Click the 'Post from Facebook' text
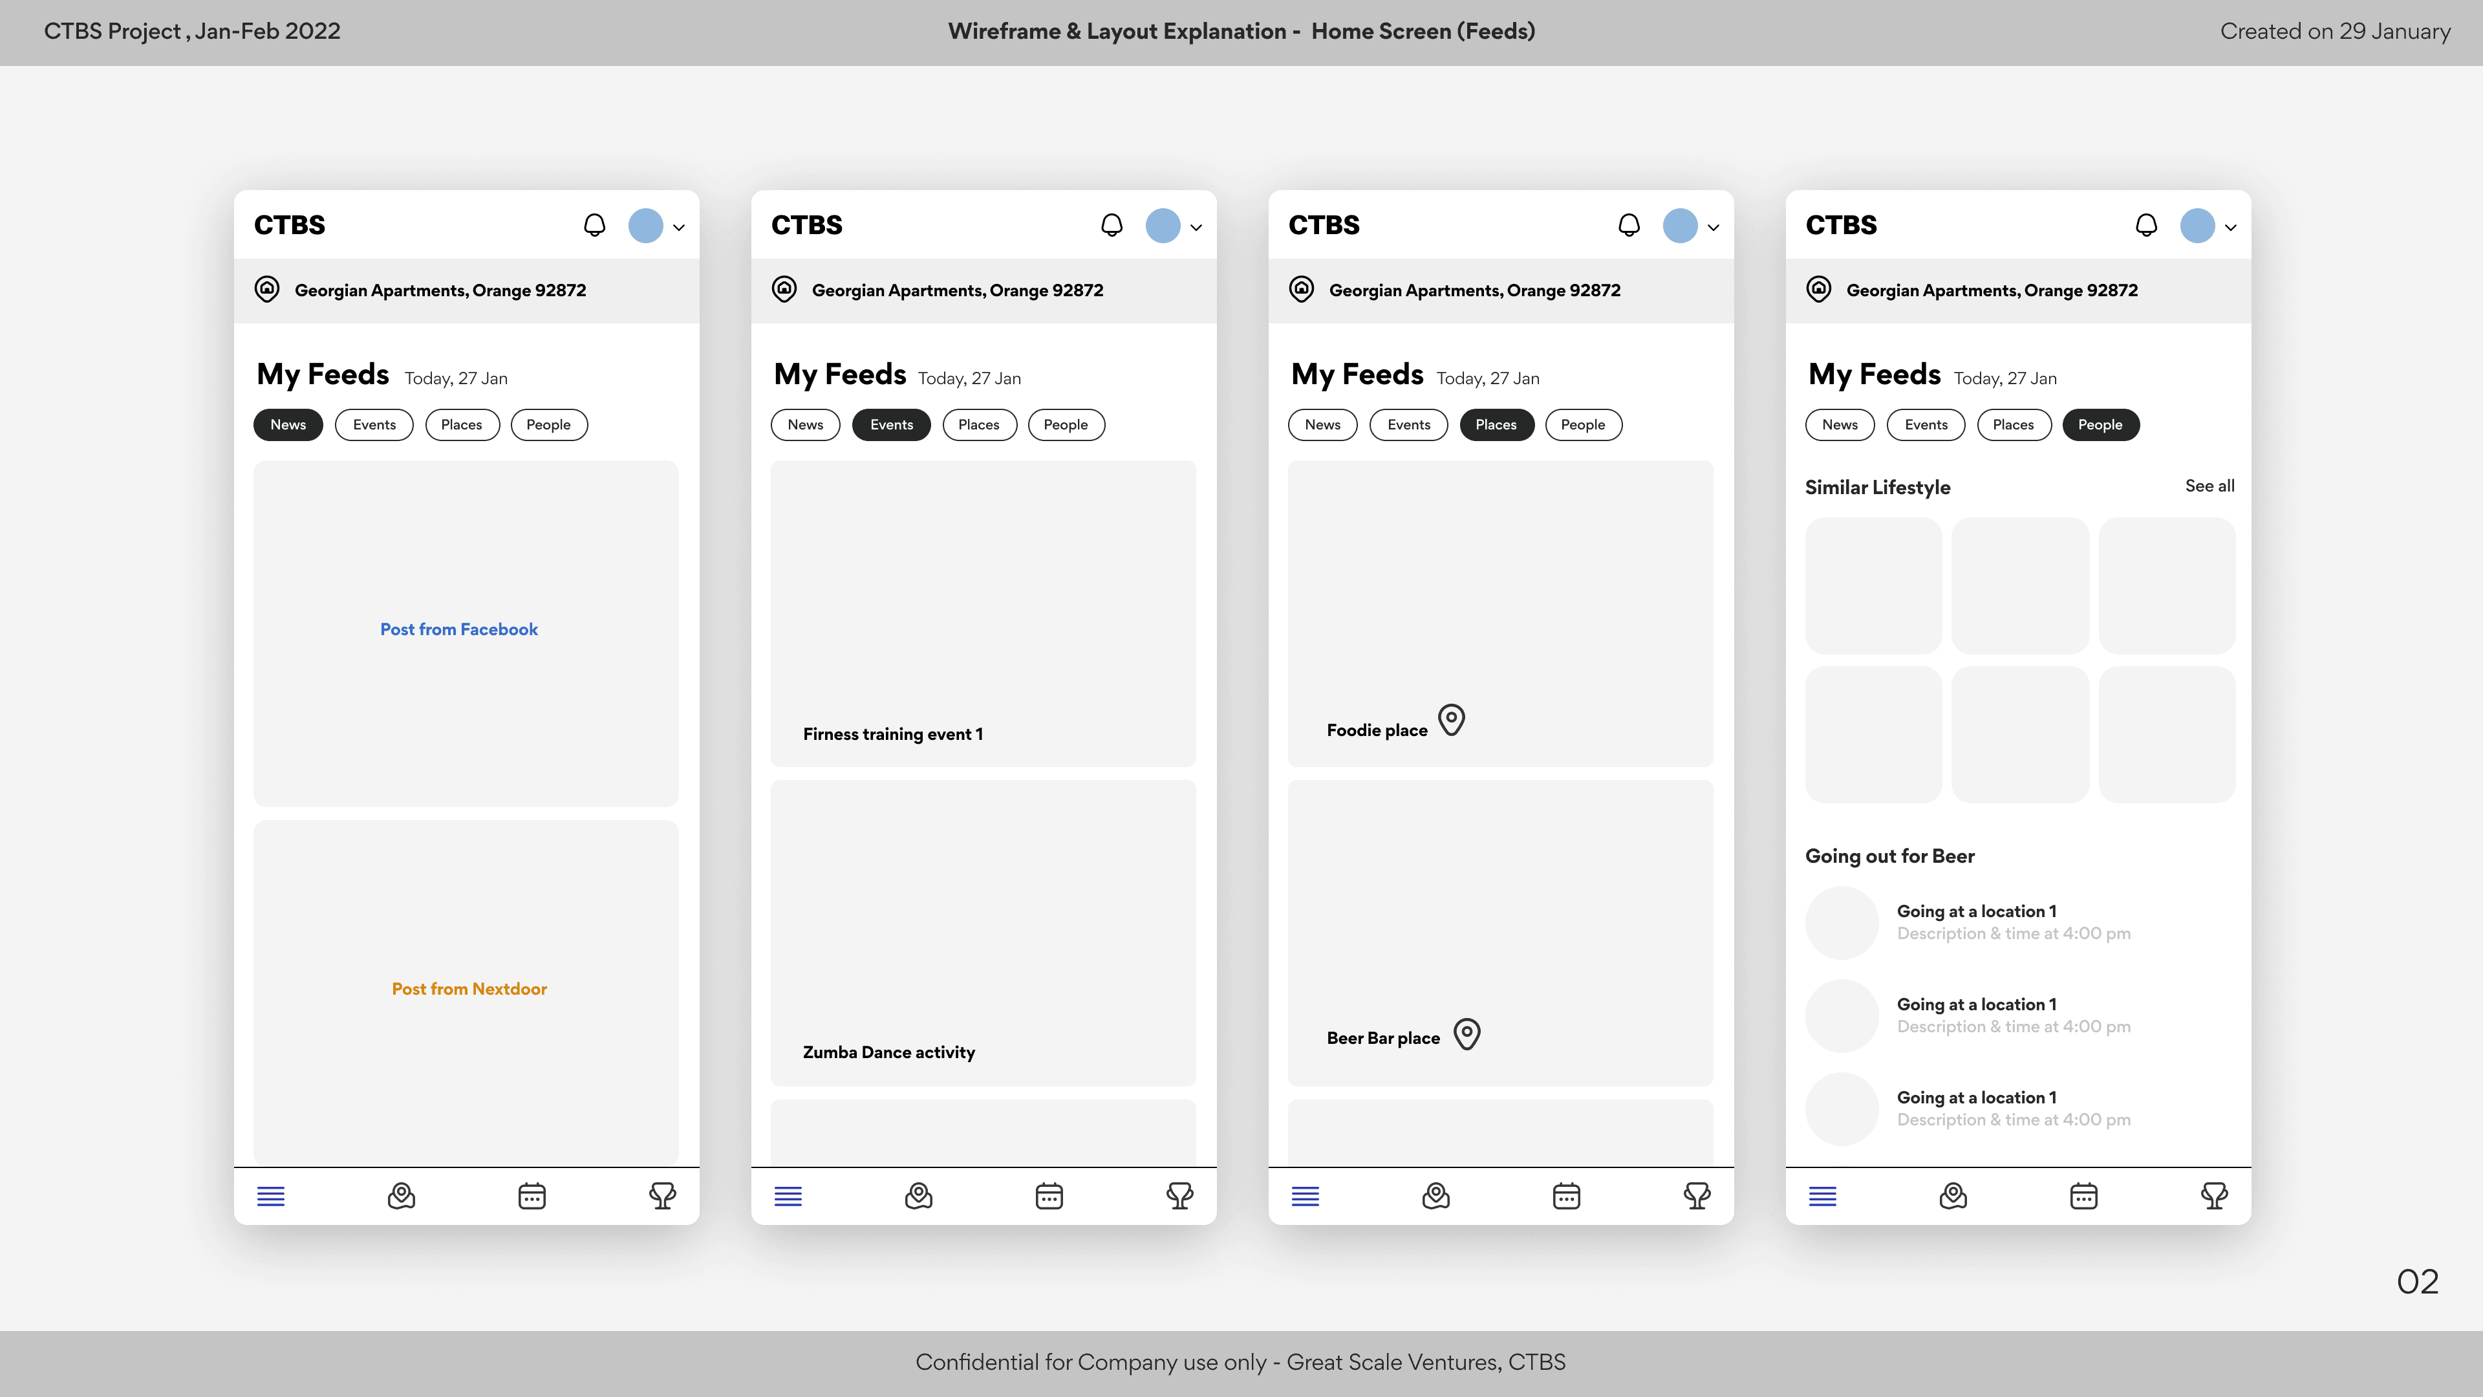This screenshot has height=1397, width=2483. click(x=459, y=629)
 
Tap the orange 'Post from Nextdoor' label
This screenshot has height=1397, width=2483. click(x=469, y=989)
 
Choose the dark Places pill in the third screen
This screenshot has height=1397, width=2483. click(x=1496, y=425)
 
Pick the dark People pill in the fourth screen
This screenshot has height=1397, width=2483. click(x=2100, y=425)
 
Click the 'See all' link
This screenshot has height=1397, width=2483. click(x=2210, y=486)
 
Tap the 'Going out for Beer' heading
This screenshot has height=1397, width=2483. click(x=1890, y=856)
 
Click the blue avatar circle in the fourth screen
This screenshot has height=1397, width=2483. click(x=2198, y=226)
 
